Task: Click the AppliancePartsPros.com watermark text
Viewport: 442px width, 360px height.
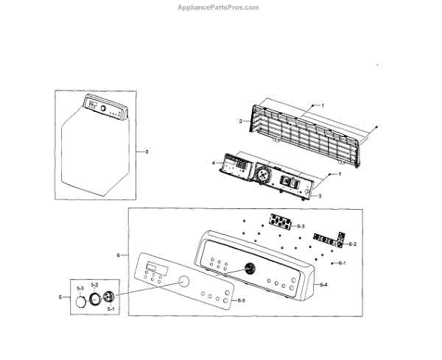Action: coord(220,7)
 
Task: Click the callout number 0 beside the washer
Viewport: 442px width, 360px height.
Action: coord(147,152)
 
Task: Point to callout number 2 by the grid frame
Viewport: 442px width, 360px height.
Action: coord(240,120)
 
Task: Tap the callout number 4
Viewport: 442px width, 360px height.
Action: coord(213,163)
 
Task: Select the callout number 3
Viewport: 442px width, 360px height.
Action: coord(320,196)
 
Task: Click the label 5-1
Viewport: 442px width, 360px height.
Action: coord(110,309)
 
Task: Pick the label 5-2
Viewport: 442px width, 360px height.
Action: coord(94,284)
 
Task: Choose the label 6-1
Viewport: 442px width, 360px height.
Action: coord(341,263)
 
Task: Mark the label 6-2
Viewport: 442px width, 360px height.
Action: coord(352,244)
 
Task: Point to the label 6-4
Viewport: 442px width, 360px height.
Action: coord(324,284)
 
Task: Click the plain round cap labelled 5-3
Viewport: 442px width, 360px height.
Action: coord(80,302)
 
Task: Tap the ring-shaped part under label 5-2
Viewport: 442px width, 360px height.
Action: coord(95,298)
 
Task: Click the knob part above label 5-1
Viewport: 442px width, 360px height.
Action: coord(110,296)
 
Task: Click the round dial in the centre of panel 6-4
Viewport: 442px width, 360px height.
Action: coord(250,268)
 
